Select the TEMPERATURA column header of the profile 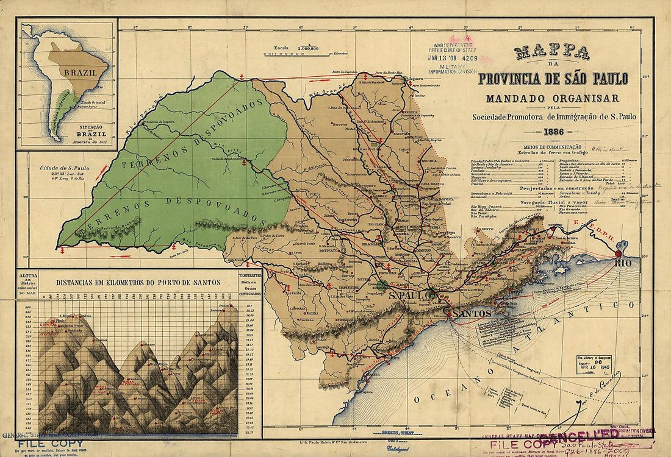pos(250,275)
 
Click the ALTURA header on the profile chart pos(28,276)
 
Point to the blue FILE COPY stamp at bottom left pos(42,444)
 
